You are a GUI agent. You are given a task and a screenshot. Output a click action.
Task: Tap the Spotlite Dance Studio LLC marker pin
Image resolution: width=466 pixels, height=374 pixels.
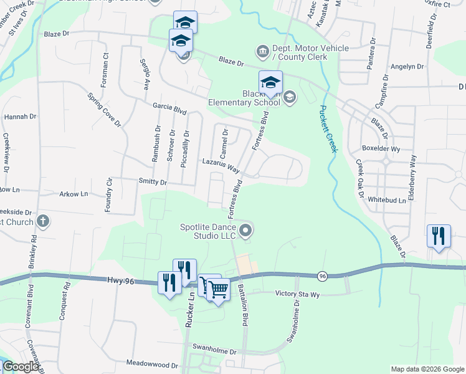246,231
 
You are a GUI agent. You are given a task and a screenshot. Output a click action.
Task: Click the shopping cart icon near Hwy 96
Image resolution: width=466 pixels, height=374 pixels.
218,289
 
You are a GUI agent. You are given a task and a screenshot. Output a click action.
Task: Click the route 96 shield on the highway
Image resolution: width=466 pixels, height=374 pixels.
322,275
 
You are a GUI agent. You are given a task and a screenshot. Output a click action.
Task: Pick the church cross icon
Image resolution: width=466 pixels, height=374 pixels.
42,221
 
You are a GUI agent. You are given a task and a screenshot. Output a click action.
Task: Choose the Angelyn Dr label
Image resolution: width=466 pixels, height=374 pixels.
406,67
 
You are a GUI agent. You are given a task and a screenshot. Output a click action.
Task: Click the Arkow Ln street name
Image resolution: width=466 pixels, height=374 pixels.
74,194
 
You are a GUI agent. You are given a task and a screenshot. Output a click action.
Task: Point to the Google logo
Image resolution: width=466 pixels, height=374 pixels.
21,367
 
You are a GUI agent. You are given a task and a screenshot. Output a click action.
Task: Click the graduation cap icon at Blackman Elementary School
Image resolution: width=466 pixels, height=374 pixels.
270,82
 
